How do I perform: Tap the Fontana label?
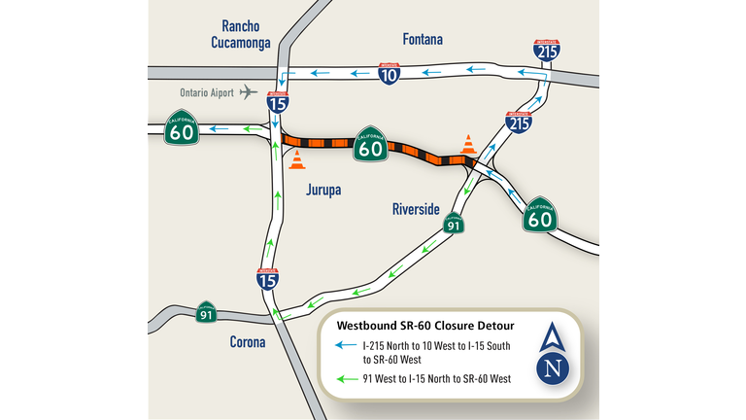(x=423, y=40)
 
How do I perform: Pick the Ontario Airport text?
(x=206, y=92)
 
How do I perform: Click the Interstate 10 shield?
(x=388, y=74)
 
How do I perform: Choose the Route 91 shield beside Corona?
(x=206, y=312)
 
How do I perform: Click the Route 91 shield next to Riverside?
(x=453, y=225)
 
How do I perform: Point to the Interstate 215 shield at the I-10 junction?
(x=546, y=52)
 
